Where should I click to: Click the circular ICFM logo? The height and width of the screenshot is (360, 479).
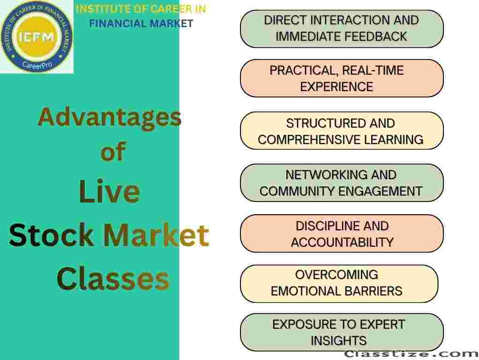[37, 37]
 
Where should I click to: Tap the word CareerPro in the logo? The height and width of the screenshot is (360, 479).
[37, 65]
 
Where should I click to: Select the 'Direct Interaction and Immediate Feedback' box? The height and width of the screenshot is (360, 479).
[342, 29]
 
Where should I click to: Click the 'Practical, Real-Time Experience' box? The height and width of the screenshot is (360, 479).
[342, 79]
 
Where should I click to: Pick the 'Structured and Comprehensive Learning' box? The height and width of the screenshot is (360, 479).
[342, 131]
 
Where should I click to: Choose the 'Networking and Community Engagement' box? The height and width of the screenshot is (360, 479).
[342, 183]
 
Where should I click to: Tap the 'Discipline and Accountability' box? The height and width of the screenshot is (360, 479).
[342, 234]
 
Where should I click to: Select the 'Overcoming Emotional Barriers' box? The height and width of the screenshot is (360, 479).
[339, 284]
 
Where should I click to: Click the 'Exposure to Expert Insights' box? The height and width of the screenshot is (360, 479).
[342, 332]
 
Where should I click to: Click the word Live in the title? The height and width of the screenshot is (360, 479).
[109, 191]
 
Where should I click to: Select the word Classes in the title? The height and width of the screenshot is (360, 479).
[113, 278]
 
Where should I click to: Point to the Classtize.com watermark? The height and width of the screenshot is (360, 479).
[411, 354]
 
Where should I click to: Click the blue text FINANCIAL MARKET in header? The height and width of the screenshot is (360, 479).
[141, 23]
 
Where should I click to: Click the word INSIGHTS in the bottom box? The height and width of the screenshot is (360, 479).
[339, 341]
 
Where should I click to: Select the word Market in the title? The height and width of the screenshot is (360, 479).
[156, 235]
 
